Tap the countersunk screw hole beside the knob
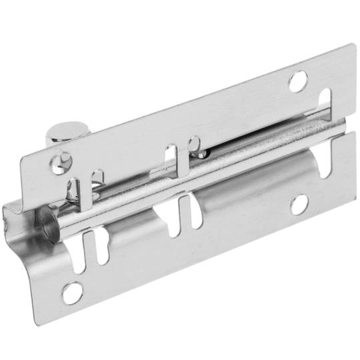coord(61,161)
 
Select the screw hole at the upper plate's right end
coord(297,81)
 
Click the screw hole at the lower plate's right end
coord(299,203)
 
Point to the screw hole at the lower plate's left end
coord(72,292)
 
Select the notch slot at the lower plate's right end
coord(325,162)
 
